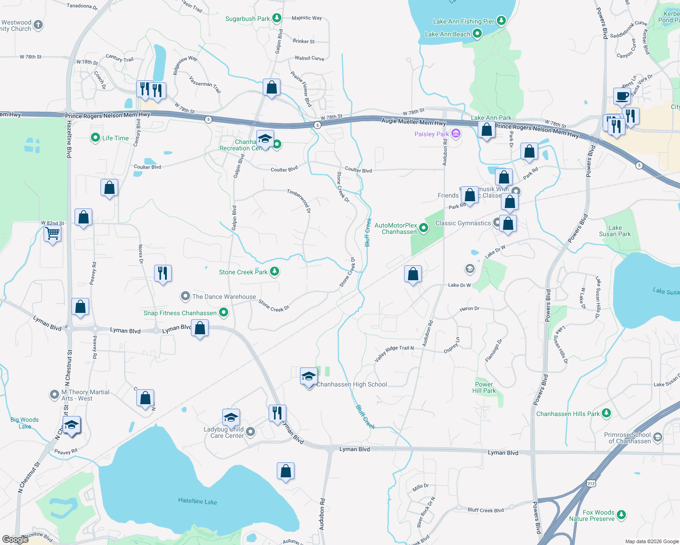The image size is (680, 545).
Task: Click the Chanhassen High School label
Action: point(351,385)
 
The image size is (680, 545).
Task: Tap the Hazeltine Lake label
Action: point(197,501)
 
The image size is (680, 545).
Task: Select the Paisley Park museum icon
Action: point(456,134)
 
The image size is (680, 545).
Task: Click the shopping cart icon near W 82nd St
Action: point(53,234)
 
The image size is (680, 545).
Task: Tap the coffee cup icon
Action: point(622,96)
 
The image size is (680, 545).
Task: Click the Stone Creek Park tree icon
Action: point(275,272)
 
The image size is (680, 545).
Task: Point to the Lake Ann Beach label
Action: point(447,34)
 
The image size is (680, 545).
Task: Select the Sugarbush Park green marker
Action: point(276,18)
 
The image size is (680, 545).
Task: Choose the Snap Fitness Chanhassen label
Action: point(180,313)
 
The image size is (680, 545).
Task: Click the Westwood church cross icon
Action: point(39,25)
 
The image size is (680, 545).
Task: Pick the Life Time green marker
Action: point(95,138)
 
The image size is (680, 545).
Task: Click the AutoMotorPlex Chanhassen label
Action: point(396,228)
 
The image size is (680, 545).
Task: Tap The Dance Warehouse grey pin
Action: point(185,297)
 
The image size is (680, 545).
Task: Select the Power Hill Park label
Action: point(484,387)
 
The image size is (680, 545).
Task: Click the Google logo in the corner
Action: point(15,540)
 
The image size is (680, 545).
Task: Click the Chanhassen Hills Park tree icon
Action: point(606,413)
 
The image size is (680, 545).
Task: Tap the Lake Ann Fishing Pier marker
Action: point(501,20)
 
